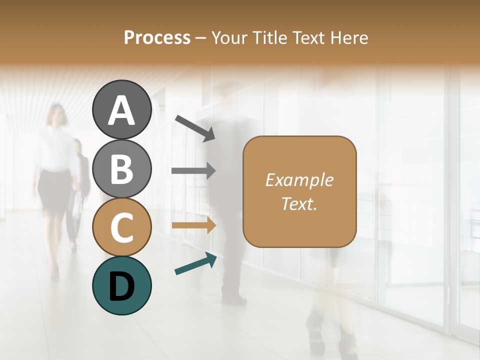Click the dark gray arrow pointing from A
[x=195, y=127]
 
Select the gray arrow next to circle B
[x=193, y=170]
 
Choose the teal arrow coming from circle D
[x=195, y=263]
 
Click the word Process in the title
[x=157, y=37]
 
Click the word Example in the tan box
[x=299, y=180]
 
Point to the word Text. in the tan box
[x=299, y=204]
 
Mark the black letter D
[x=122, y=286]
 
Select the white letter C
[x=122, y=228]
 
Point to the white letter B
[x=122, y=169]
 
